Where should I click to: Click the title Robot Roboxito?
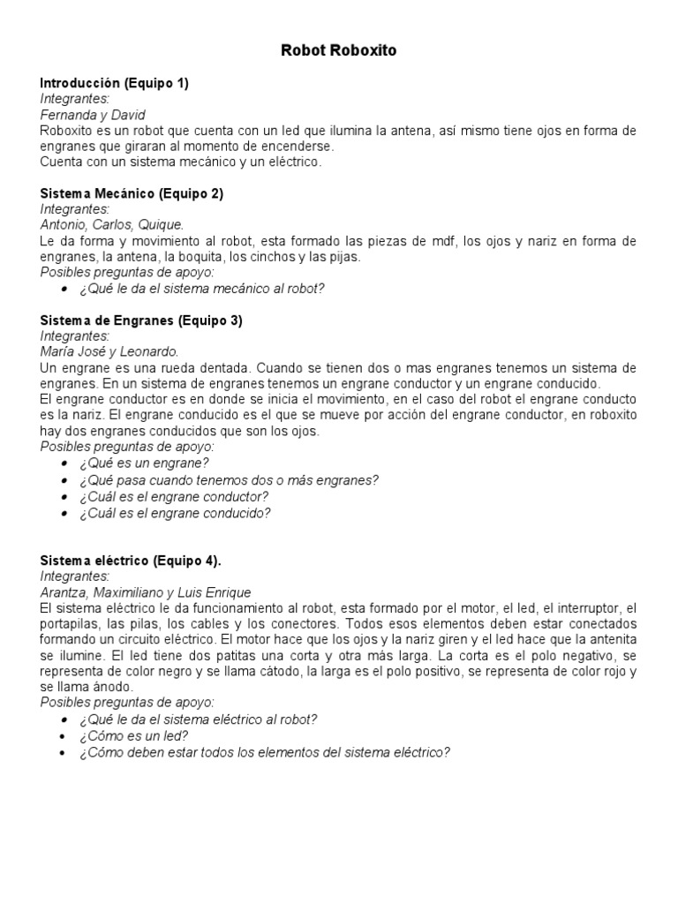coord(339,50)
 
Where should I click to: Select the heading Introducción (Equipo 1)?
coord(115,83)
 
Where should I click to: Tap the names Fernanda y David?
coord(93,115)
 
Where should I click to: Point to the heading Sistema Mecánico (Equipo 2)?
coord(132,193)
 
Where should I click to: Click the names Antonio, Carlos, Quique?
coord(112,225)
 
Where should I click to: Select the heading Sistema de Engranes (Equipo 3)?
coord(141,320)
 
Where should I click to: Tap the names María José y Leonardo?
coord(109,352)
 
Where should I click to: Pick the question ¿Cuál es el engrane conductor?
coord(174,495)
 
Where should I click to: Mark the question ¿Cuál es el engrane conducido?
coord(175,512)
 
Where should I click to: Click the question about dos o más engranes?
coord(229,479)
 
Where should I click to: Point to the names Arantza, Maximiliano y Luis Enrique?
coord(146,592)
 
